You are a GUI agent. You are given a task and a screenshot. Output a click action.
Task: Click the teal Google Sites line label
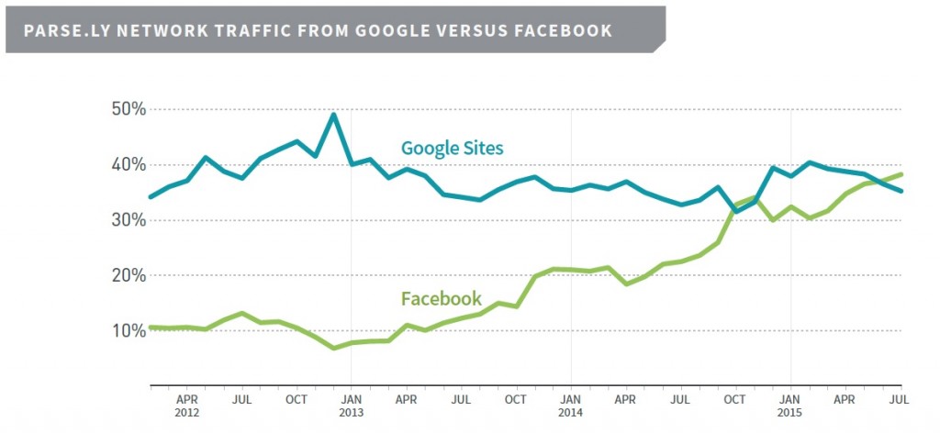(x=452, y=148)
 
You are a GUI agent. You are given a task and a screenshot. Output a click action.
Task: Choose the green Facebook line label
(x=441, y=298)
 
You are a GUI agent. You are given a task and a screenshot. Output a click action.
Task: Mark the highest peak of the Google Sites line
(x=333, y=115)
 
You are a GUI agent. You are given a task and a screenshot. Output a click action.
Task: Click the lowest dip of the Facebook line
(x=333, y=348)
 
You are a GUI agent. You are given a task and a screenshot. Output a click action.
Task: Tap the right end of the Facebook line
(x=901, y=174)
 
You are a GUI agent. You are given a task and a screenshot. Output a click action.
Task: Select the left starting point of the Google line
(x=151, y=196)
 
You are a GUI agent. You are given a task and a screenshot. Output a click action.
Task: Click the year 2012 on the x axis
(x=187, y=412)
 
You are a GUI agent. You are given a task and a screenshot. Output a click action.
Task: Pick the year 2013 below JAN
(x=352, y=412)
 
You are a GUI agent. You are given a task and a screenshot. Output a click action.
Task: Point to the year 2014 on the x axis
(x=571, y=412)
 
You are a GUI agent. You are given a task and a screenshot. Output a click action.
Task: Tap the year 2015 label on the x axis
(x=790, y=412)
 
